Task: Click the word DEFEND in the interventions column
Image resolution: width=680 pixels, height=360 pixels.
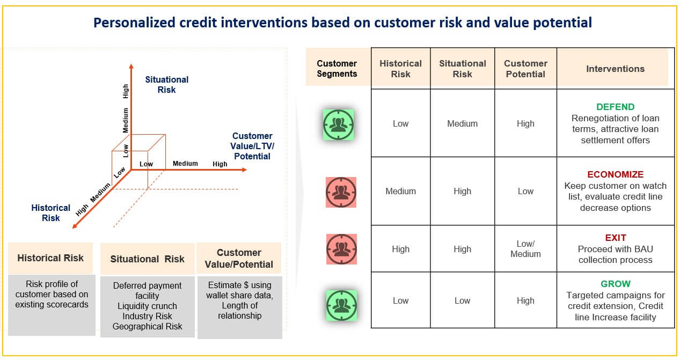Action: click(615, 107)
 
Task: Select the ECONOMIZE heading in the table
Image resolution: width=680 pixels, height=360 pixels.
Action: click(615, 174)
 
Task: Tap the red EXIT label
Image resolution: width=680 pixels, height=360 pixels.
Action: click(615, 238)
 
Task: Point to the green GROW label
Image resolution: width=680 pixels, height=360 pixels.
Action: click(615, 284)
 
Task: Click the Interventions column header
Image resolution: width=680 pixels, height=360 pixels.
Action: click(615, 69)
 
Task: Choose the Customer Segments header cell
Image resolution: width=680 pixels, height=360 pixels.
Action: click(337, 69)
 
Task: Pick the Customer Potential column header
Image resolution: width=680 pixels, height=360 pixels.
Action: click(525, 69)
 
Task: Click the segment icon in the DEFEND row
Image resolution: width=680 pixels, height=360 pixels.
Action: click(338, 124)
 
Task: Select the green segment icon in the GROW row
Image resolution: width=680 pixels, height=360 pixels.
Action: click(341, 305)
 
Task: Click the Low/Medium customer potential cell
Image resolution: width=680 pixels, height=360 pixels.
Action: click(525, 249)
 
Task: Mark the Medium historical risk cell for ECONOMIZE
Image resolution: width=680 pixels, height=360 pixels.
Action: click(400, 191)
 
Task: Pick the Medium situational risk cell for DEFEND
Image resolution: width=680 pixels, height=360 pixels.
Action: click(462, 123)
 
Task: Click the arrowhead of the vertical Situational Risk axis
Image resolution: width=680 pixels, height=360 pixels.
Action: click(131, 66)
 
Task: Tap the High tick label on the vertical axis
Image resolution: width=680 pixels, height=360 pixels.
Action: click(126, 91)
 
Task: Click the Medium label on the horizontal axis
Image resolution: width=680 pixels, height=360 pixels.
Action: click(185, 164)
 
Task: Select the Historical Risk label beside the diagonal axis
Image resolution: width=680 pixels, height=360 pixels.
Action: click(50, 212)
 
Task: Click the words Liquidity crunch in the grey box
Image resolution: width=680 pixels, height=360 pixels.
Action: click(147, 306)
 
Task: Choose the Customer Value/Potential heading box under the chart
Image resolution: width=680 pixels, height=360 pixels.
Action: click(238, 259)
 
